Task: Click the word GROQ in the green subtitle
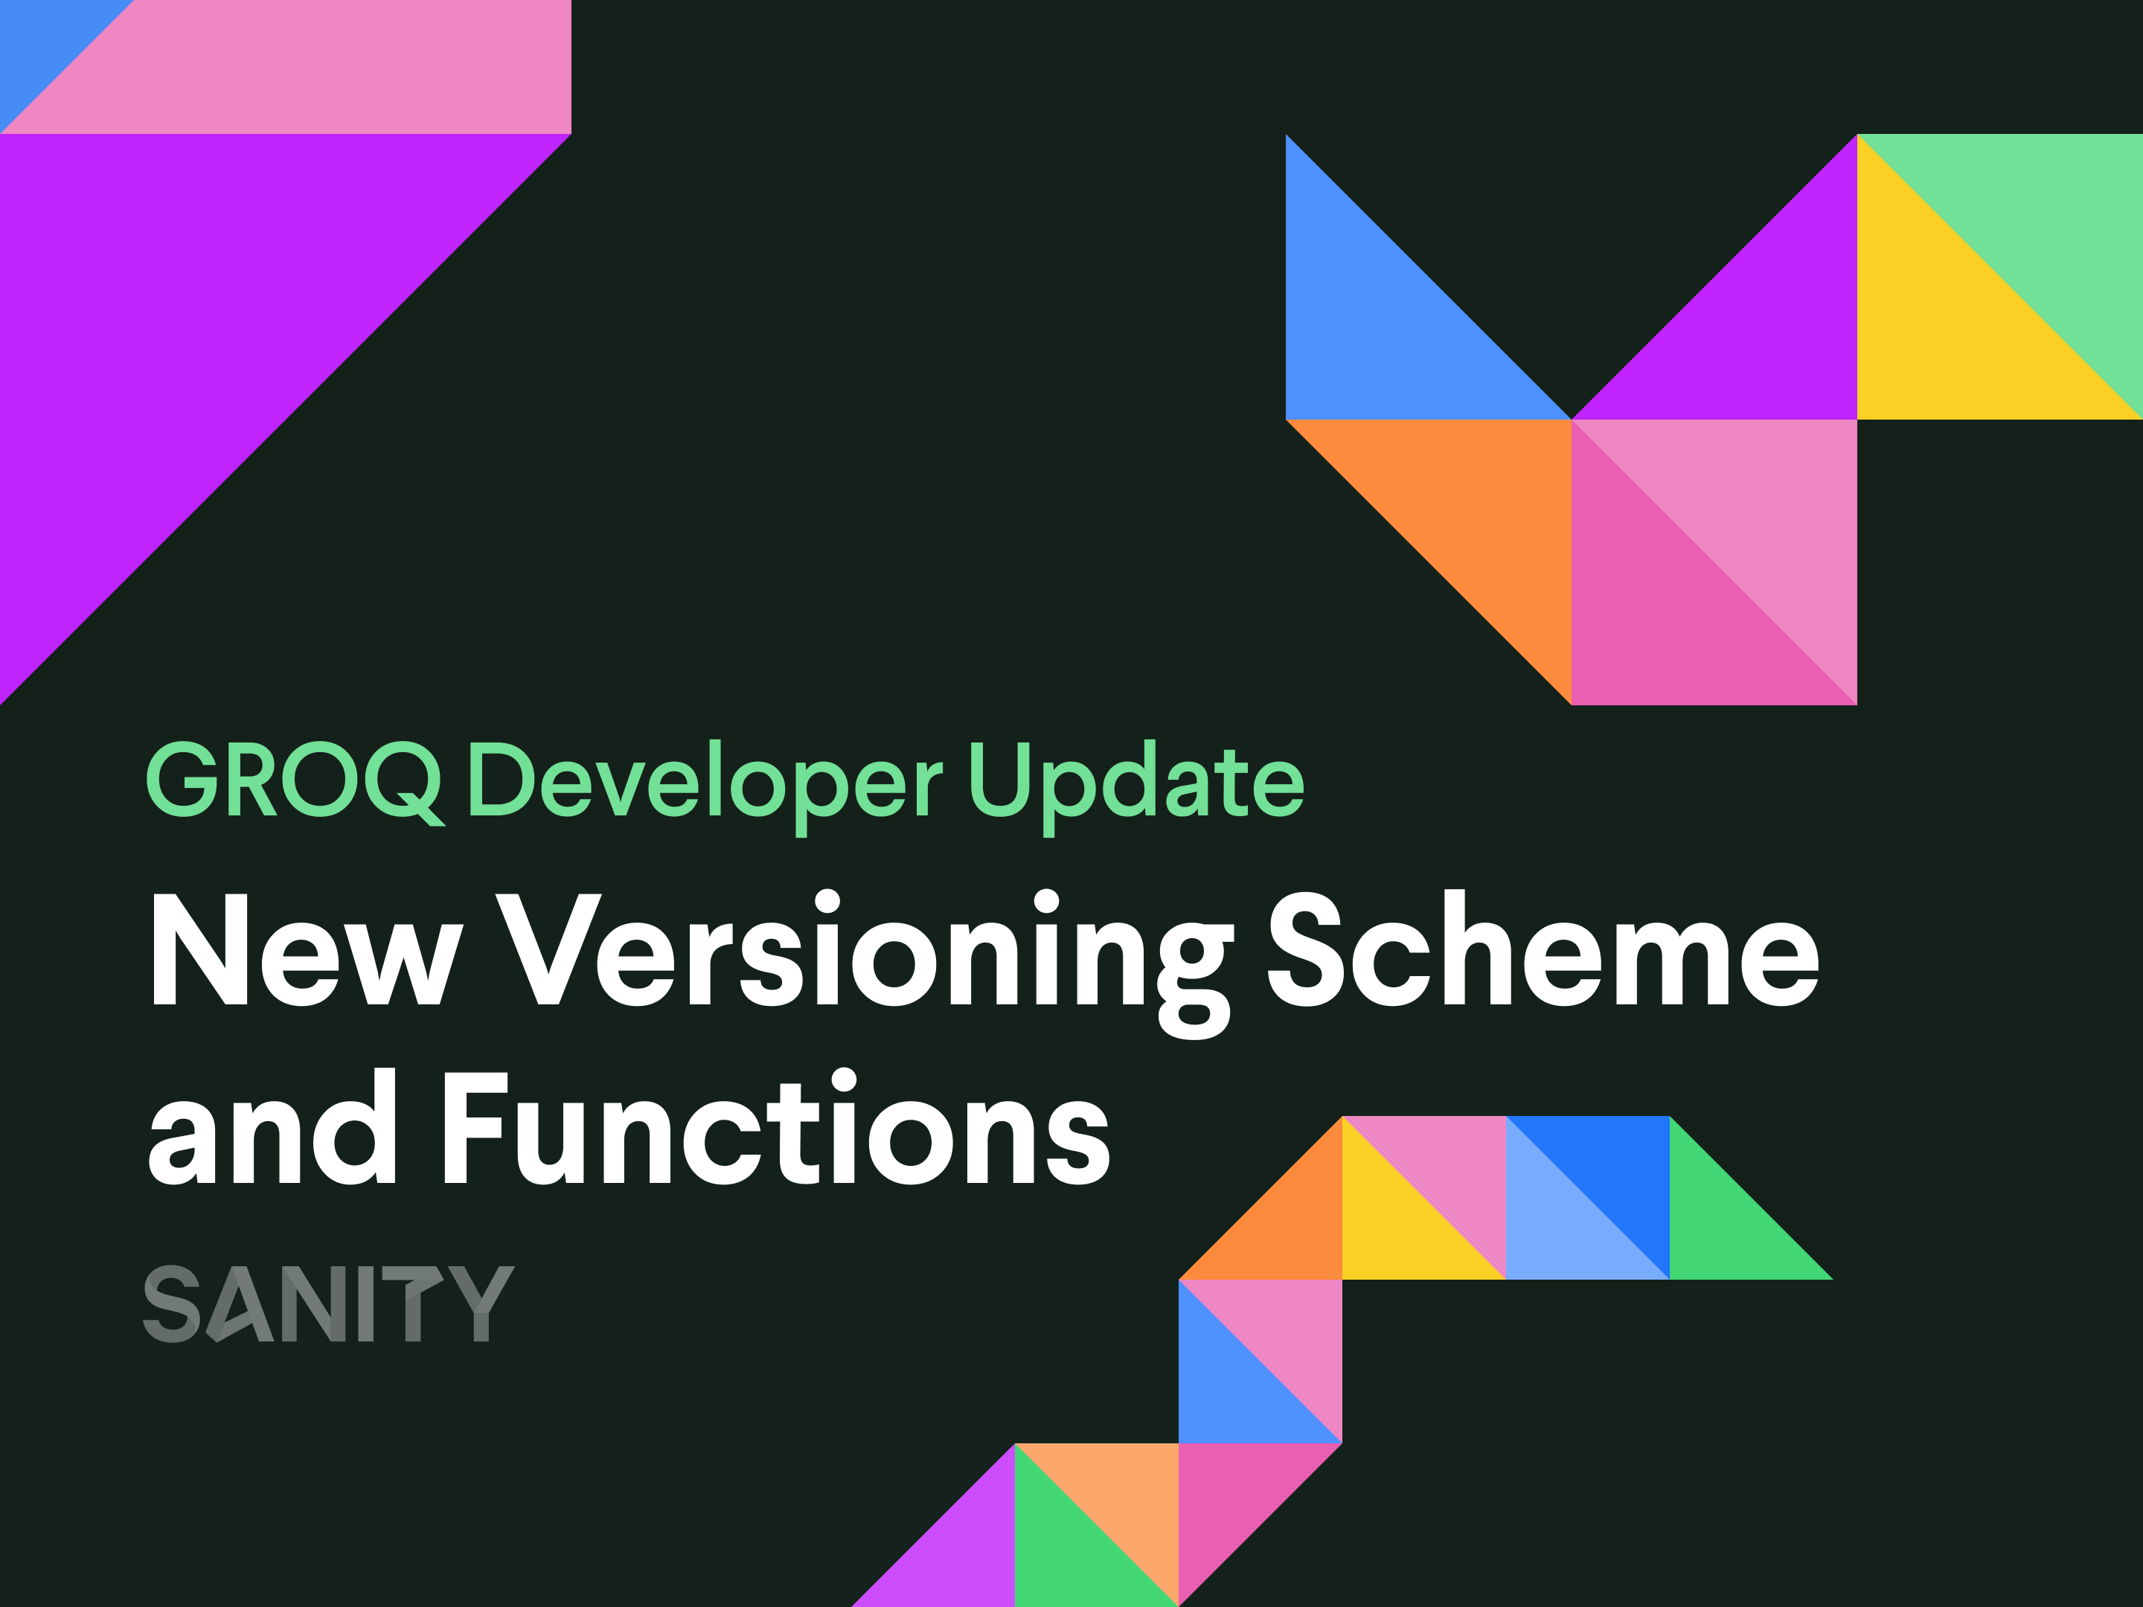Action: click(x=294, y=780)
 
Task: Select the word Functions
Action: click(x=776, y=1129)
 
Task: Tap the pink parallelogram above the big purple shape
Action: click(x=320, y=68)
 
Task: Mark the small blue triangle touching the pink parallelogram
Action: click(x=39, y=39)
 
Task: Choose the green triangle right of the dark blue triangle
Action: click(x=1725, y=1225)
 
